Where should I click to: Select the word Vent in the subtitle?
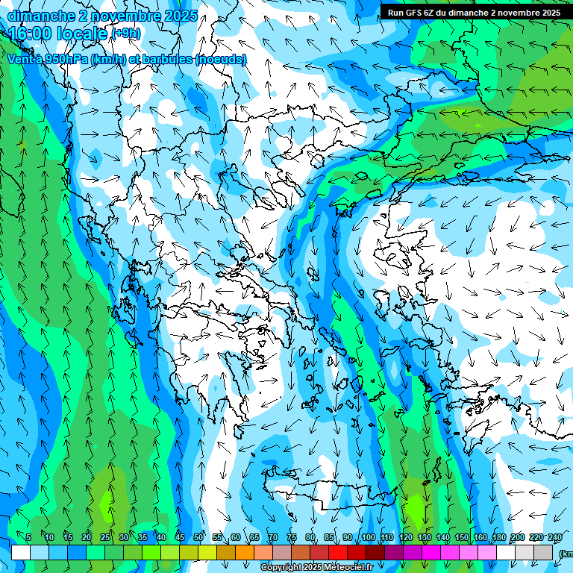21,59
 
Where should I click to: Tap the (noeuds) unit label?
221,59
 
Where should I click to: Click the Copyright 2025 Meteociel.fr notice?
316,568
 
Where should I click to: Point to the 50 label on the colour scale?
198,538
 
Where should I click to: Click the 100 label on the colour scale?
368,538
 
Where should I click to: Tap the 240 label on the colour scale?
555,538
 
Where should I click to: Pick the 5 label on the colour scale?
28,538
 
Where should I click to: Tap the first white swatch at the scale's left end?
20,552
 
